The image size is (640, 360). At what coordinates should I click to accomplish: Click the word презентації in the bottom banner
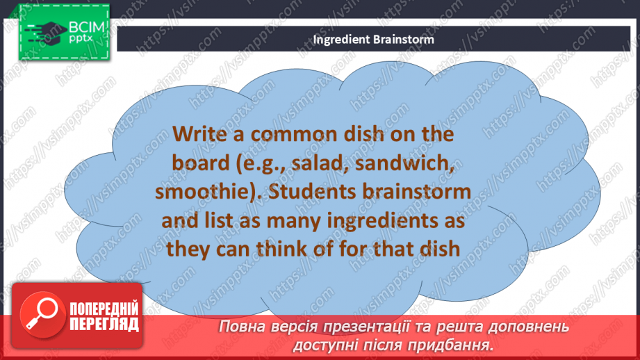379,326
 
